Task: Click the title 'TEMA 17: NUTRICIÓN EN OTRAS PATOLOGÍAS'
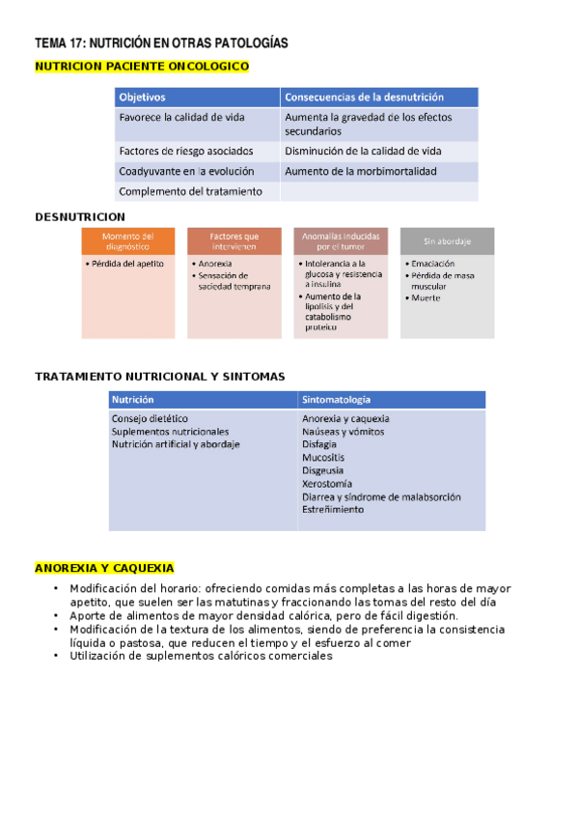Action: click(x=161, y=43)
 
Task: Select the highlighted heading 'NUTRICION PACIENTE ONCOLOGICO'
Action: click(x=141, y=67)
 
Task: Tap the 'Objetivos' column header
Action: click(x=143, y=98)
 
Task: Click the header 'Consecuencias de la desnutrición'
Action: click(x=364, y=98)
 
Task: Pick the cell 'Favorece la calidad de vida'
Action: click(x=181, y=117)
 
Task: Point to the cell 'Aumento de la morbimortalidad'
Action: click(x=360, y=171)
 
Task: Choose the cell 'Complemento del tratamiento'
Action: click(x=190, y=191)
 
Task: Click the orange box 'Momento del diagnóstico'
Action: click(x=128, y=240)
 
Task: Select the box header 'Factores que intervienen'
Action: click(x=234, y=240)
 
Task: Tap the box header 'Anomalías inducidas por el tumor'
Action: click(x=341, y=240)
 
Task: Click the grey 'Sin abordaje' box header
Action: click(x=447, y=240)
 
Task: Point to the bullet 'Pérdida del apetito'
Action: click(x=126, y=264)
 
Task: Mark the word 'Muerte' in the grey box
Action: click(x=426, y=298)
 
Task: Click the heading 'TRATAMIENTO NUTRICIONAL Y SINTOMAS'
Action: click(x=159, y=377)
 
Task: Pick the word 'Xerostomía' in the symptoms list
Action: click(x=326, y=484)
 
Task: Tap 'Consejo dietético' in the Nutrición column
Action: click(x=151, y=419)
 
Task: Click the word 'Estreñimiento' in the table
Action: click(x=333, y=510)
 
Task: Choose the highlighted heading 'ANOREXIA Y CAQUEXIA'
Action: click(x=104, y=568)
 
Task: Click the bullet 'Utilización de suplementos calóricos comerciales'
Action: click(x=201, y=656)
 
